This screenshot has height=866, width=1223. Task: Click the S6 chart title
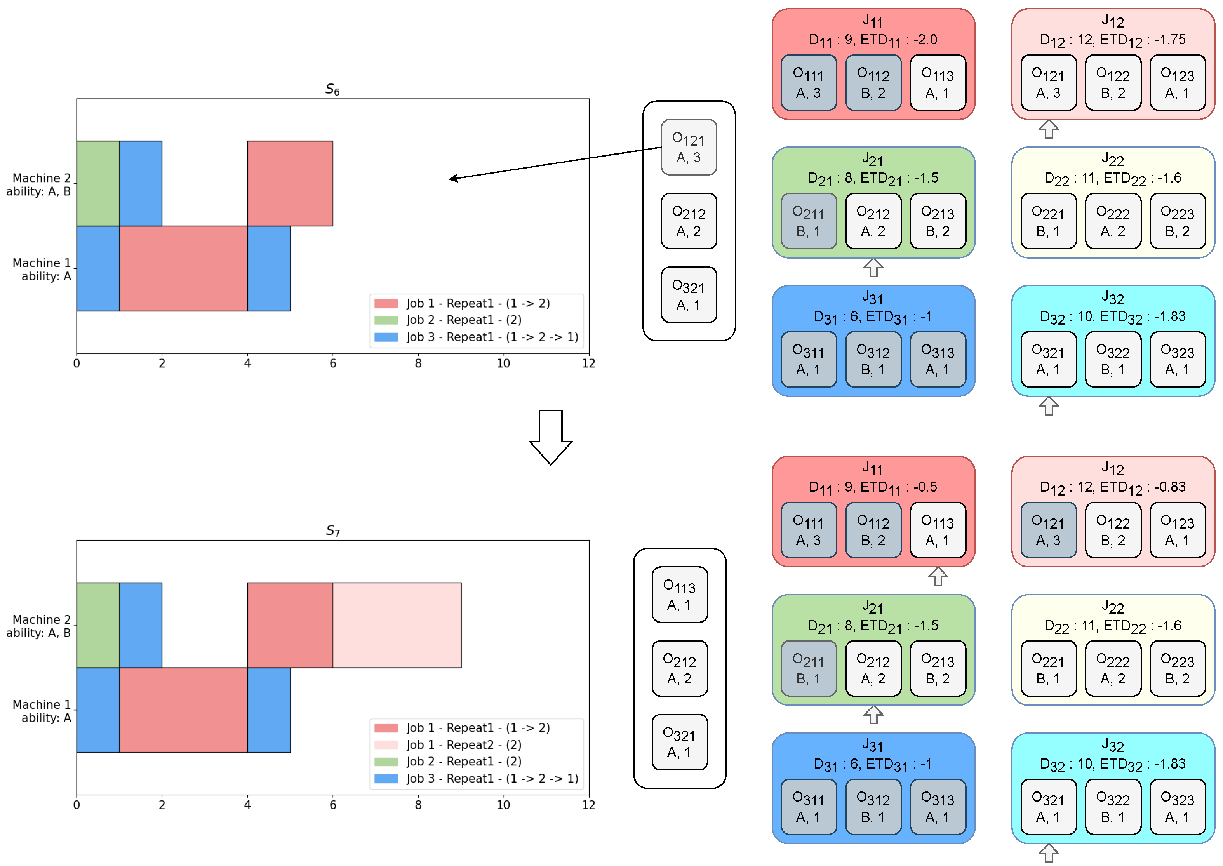[x=332, y=90]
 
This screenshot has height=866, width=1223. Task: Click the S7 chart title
[x=332, y=530]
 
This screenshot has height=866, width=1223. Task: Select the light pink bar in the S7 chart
[x=397, y=624]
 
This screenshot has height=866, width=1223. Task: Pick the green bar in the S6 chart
[x=97, y=183]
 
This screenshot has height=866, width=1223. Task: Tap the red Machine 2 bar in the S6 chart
[x=290, y=183]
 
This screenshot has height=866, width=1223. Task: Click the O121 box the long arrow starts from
[x=689, y=147]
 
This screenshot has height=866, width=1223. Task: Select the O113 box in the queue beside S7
[x=680, y=595]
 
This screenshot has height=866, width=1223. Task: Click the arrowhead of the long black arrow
[x=452, y=179]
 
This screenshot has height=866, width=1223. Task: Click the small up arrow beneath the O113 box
[x=938, y=576]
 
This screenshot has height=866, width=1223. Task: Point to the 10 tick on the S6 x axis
[x=503, y=363]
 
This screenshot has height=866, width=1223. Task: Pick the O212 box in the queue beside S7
[x=680, y=668]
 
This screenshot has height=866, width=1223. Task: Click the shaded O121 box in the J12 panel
[x=1048, y=530]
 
